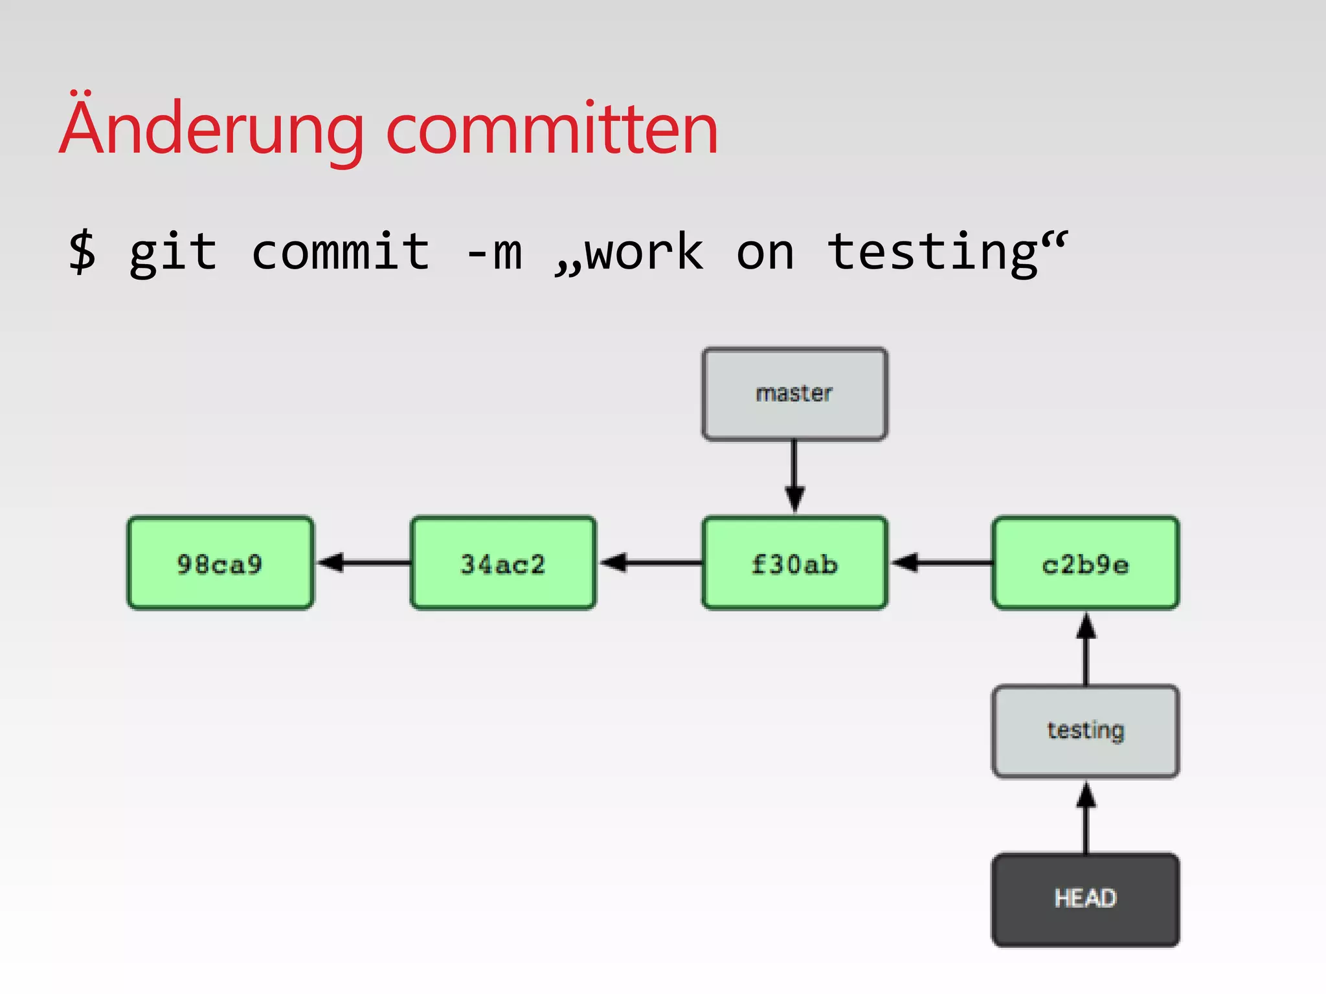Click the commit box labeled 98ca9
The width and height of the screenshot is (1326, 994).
click(x=220, y=563)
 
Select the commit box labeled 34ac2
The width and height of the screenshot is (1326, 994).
click(x=503, y=563)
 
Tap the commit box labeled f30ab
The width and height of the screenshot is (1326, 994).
click(x=794, y=563)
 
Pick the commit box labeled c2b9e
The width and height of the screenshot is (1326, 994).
click(x=1085, y=563)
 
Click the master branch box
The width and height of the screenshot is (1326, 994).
click(x=794, y=393)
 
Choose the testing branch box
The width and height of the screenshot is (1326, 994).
click(x=1085, y=731)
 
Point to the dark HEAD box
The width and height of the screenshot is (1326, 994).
click(x=1085, y=899)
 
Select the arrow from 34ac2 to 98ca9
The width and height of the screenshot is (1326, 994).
click(x=363, y=562)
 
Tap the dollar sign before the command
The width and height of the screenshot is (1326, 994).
click(x=82, y=252)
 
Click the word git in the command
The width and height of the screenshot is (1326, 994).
click(x=173, y=253)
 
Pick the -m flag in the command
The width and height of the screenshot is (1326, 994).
click(x=494, y=253)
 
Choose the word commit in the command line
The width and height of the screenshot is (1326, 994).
click(x=341, y=252)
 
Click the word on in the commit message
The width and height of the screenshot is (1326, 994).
click(x=765, y=253)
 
